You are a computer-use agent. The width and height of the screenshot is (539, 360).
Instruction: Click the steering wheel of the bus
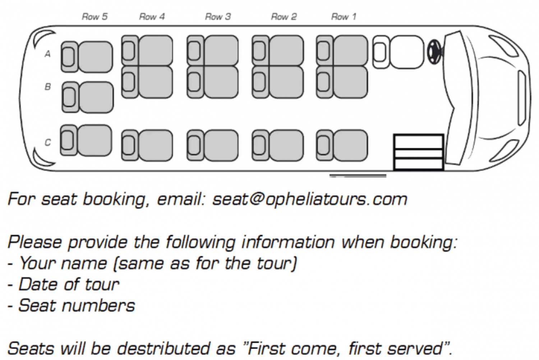pyautogui.click(x=434, y=52)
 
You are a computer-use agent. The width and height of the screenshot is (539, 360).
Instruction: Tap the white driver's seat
pyautogui.click(x=398, y=52)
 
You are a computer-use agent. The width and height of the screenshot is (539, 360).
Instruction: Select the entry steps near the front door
pyautogui.click(x=419, y=152)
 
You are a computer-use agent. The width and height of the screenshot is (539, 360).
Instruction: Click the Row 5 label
pyautogui.click(x=95, y=17)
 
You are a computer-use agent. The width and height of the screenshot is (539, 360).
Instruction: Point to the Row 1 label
pyautogui.click(x=344, y=17)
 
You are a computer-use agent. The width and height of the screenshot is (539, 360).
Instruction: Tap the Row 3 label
pyautogui.click(x=218, y=17)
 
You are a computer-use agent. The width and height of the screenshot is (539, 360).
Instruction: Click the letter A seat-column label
pyautogui.click(x=48, y=54)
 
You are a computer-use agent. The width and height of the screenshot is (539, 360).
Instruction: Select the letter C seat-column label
pyautogui.click(x=48, y=142)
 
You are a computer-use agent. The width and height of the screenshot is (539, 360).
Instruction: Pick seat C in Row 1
pyautogui.click(x=342, y=145)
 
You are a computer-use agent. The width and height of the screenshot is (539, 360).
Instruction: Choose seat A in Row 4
pyautogui.click(x=147, y=51)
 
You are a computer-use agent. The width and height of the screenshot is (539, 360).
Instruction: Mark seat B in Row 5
pyautogui.click(x=88, y=97)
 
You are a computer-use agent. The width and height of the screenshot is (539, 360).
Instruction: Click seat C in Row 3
pyautogui.click(x=213, y=145)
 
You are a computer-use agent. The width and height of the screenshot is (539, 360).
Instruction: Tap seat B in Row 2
pyautogui.click(x=278, y=82)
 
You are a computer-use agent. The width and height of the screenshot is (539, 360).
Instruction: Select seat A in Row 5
pyautogui.click(x=87, y=57)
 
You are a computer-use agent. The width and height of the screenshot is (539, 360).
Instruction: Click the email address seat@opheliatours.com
pyautogui.click(x=309, y=200)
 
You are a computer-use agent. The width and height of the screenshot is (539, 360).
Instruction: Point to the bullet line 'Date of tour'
pyautogui.click(x=64, y=284)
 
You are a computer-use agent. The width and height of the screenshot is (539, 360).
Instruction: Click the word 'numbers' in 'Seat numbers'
pyautogui.click(x=98, y=306)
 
